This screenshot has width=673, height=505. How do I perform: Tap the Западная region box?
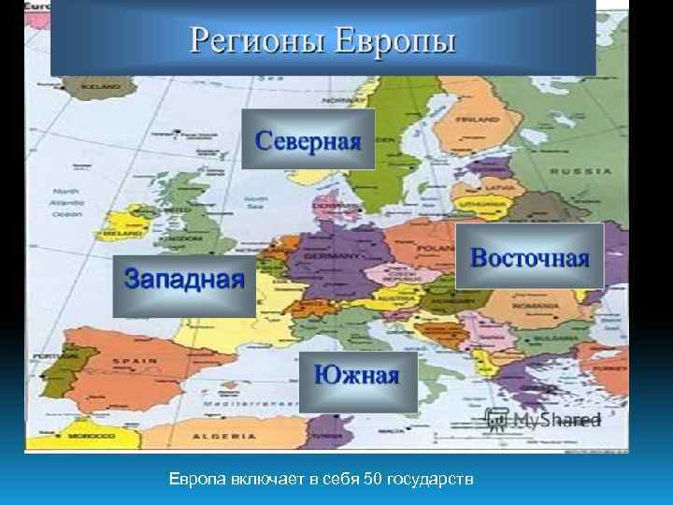click(184, 278)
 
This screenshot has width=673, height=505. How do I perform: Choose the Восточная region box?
click(529, 256)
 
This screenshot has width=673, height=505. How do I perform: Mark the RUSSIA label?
click(580, 171)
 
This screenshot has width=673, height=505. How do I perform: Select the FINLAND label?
click(479, 121)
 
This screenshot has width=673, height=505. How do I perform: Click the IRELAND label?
click(123, 225)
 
